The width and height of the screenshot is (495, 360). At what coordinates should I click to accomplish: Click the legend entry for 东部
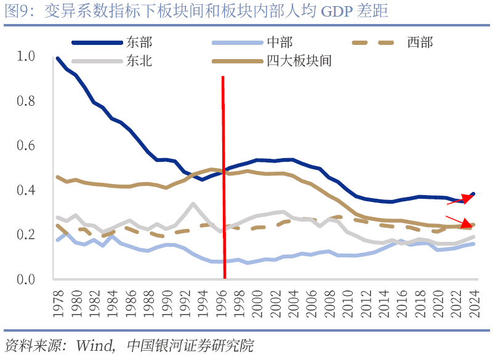pos(139,43)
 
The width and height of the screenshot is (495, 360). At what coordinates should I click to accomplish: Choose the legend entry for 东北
pos(139,61)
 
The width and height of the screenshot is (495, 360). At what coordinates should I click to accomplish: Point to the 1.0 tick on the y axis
pos(26,56)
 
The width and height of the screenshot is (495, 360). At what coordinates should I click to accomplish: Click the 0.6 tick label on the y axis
pos(26,145)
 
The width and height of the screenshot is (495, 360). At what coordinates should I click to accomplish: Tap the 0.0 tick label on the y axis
pos(26,279)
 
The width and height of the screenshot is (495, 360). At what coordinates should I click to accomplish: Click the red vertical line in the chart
pos(223,185)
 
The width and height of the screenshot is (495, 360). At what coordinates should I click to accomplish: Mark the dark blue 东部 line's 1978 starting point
pos(57,58)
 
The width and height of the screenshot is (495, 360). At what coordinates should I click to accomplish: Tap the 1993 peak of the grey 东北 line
pos(193,204)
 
